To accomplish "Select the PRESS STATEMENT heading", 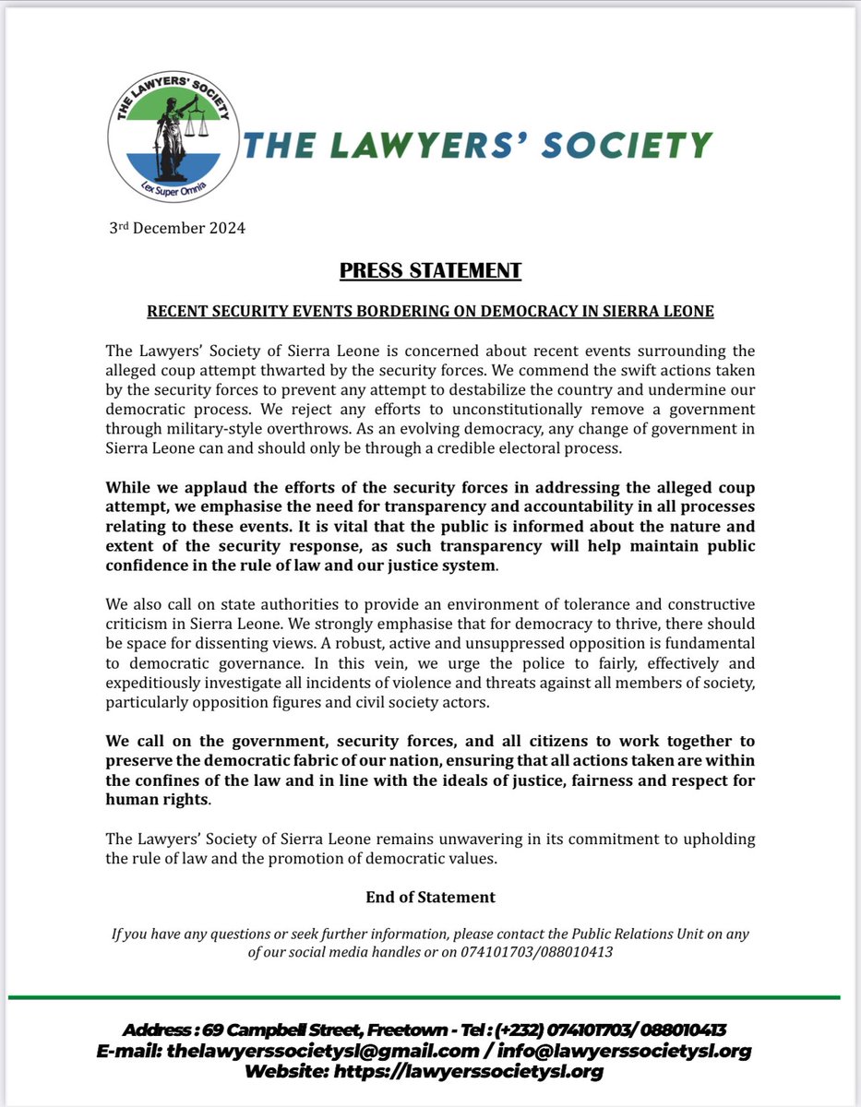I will [x=430, y=271].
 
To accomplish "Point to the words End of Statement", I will [x=430, y=897].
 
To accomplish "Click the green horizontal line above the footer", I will [x=430, y=997].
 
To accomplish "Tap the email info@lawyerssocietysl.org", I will [x=625, y=1051].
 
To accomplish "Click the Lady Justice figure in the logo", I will [x=173, y=138].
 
